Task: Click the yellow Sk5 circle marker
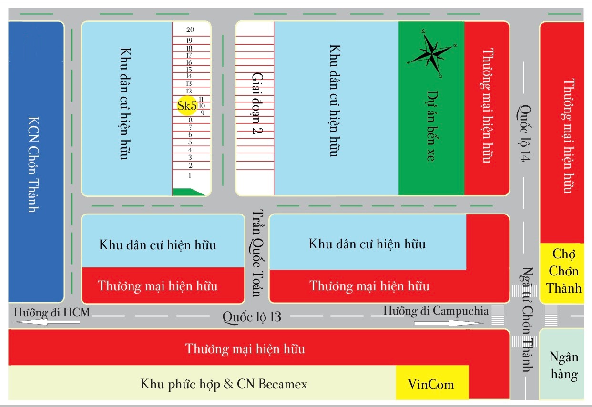point(187,106)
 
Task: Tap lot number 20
point(190,30)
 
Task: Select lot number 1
point(190,175)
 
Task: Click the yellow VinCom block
point(432,382)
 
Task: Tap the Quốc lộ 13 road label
point(252,317)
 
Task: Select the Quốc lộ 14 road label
point(524,133)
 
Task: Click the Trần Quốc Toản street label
point(257,253)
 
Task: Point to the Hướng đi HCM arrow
point(48,322)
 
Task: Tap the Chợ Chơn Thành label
point(564,271)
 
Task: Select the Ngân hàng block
point(561,364)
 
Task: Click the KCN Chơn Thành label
point(34,164)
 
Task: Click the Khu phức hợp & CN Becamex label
point(224,384)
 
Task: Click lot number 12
point(189,91)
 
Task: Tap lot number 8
point(190,120)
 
